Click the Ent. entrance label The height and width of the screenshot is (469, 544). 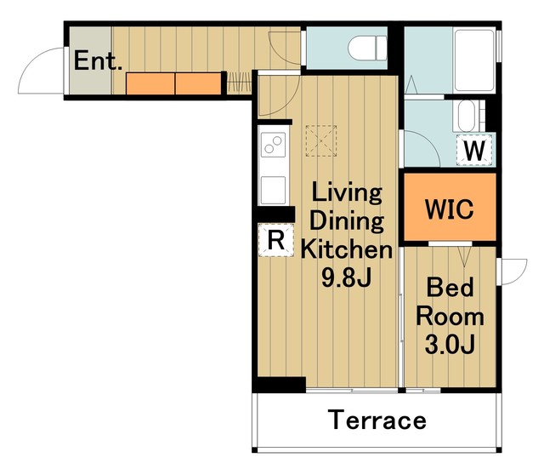pyautogui.click(x=98, y=60)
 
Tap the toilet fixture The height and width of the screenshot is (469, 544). pyautogui.click(x=367, y=48)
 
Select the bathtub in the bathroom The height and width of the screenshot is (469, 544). pyautogui.click(x=474, y=60)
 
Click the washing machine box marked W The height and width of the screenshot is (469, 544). pyautogui.click(x=474, y=150)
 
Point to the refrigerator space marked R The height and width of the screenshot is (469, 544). pyautogui.click(x=275, y=240)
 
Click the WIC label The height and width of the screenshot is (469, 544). pyautogui.click(x=450, y=209)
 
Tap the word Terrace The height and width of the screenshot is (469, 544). pyautogui.click(x=377, y=420)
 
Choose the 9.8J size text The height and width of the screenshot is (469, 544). pyautogui.click(x=347, y=278)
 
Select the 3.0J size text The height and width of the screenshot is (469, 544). pyautogui.click(x=450, y=344)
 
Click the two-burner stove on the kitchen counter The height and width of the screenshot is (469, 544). pyautogui.click(x=274, y=145)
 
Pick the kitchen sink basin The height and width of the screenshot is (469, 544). pyautogui.click(x=274, y=190)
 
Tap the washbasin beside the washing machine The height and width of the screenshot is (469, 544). pyautogui.click(x=469, y=116)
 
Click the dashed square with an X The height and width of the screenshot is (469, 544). pyautogui.click(x=321, y=141)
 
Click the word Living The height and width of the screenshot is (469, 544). pyautogui.click(x=347, y=193)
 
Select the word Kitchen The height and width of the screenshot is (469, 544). pyautogui.click(x=347, y=249)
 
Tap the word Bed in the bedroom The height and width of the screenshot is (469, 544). pyautogui.click(x=450, y=287)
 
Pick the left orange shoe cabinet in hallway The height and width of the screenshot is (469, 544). pyautogui.click(x=150, y=83)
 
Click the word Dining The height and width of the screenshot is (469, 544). pyautogui.click(x=347, y=222)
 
